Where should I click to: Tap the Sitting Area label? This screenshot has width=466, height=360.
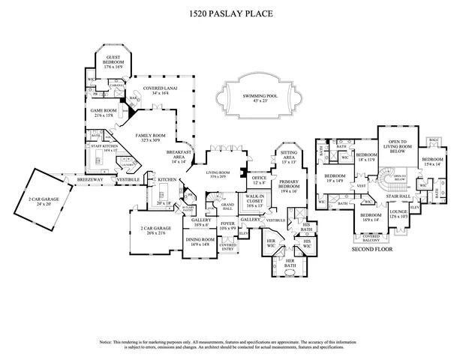(289, 158)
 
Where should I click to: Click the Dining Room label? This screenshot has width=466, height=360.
(200, 241)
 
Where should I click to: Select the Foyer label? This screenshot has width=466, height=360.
(227, 224)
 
